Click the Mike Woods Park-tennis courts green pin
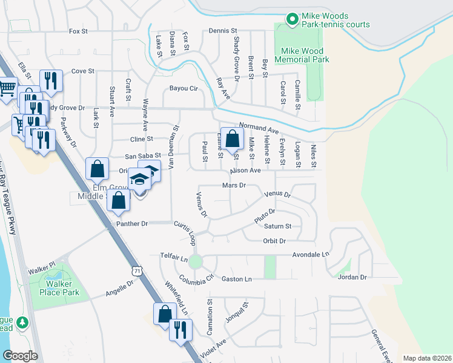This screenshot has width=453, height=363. [291, 19]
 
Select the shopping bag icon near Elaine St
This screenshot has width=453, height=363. [231, 140]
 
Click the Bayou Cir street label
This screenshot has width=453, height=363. [184, 88]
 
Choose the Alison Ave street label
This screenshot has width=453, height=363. [245, 171]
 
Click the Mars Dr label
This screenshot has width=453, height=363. [234, 185]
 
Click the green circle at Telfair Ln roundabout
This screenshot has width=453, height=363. [195, 262]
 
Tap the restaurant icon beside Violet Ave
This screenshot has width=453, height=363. [180, 330]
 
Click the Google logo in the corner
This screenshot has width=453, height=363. [20, 356]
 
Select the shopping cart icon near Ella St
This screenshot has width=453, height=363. [7, 88]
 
